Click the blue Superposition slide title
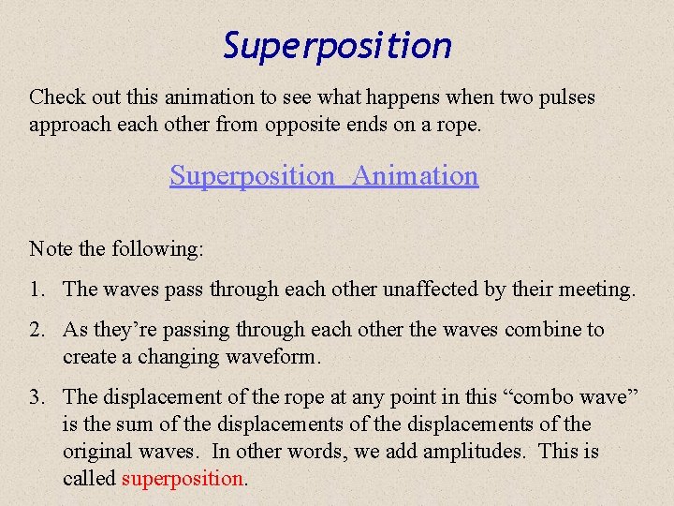(337, 45)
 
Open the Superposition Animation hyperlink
(324, 175)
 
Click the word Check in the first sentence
(56, 97)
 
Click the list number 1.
(37, 290)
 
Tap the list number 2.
(37, 330)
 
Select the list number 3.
(37, 397)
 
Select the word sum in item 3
(125, 424)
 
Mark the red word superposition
(183, 479)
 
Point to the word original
(96, 452)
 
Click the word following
(157, 248)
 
